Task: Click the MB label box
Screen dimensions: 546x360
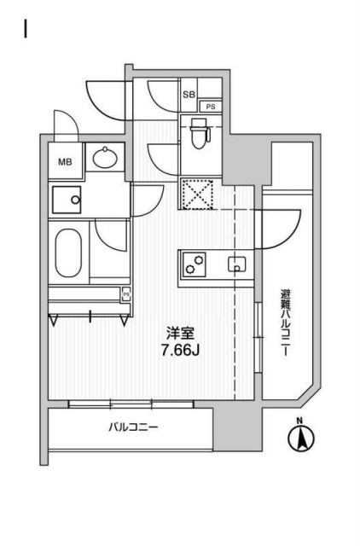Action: [65, 160]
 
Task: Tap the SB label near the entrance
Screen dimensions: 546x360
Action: [187, 94]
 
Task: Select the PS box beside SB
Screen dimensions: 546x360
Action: [208, 107]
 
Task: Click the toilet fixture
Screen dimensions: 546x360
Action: [198, 132]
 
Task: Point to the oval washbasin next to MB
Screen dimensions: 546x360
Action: [107, 158]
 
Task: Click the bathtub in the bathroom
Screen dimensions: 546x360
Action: [67, 252]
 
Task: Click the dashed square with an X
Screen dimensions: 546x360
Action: [197, 195]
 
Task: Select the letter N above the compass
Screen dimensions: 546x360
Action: [299, 421]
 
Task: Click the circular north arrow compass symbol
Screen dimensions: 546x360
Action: [300, 440]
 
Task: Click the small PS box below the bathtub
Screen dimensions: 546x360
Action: [126, 295]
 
